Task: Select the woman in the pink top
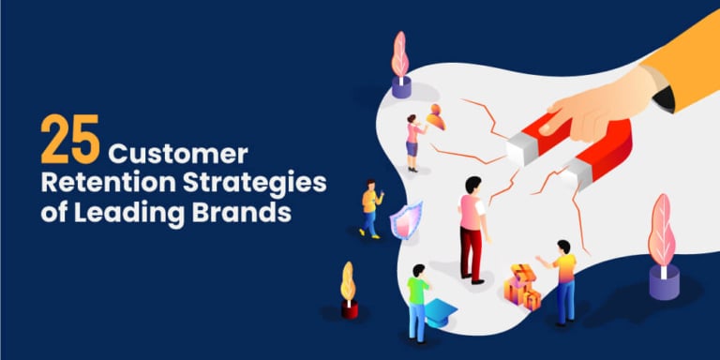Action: click(x=412, y=141)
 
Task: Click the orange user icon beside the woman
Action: click(x=434, y=118)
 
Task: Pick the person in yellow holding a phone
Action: click(x=370, y=206)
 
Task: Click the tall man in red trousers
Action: click(x=472, y=226)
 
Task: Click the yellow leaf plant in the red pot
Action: click(x=349, y=291)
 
